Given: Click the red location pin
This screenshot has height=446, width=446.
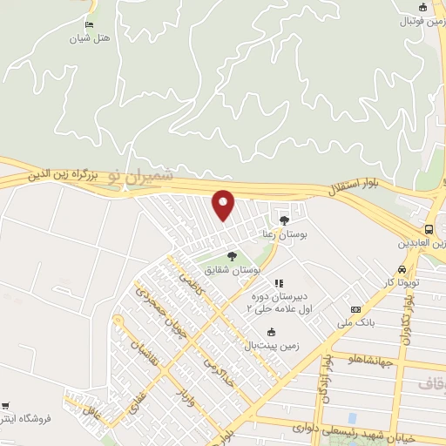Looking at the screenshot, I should pos(224,204).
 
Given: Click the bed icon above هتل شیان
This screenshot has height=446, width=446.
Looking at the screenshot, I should pos(89,24).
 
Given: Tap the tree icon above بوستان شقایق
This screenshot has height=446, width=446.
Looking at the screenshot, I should pos(232,256).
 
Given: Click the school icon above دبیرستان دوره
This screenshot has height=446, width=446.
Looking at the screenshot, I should pos(279,283).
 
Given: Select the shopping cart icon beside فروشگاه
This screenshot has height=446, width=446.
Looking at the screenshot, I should pos(6,406).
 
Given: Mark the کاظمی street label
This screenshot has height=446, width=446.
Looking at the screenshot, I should pos(190,284).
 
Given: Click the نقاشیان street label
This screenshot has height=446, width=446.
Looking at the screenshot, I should pos(139,352).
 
